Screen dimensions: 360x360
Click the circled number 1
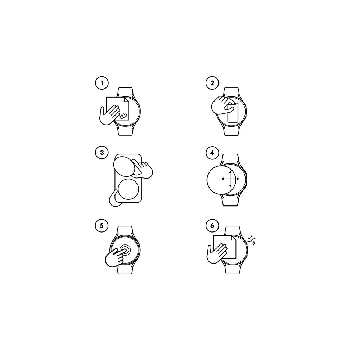point(102,83)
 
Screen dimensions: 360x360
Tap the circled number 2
point(212,83)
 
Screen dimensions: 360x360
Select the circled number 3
point(102,152)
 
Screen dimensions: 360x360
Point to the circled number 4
point(212,153)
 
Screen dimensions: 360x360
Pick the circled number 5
point(102,225)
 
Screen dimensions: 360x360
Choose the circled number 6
point(212,225)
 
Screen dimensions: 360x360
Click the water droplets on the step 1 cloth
point(123,116)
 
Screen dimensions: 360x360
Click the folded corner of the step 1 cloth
point(126,100)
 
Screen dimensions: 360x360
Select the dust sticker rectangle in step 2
point(233,112)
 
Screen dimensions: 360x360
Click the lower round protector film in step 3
point(128,189)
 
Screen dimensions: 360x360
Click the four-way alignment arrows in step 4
point(230,179)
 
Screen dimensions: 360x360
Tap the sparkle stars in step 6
point(252,240)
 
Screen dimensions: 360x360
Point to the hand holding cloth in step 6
point(217,253)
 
